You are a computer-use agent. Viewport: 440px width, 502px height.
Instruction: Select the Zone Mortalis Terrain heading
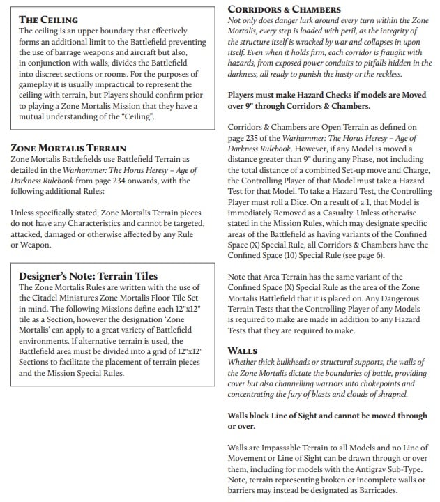68,148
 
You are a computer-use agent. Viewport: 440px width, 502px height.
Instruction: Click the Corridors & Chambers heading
284,9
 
